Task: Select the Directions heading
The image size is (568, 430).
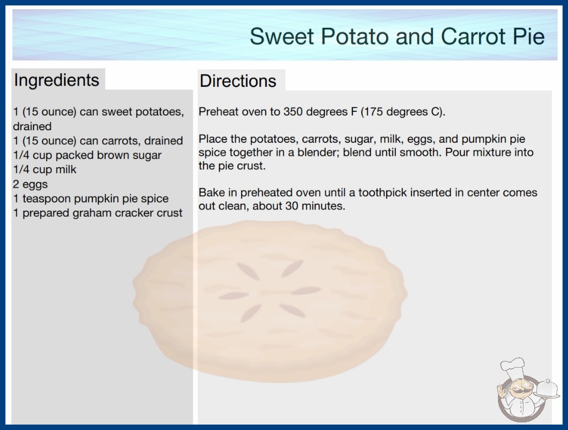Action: [238, 81]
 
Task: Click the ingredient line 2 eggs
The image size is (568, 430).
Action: [30, 184]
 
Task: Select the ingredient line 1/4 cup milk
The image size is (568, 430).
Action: [45, 169]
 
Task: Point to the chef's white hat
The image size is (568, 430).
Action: [513, 368]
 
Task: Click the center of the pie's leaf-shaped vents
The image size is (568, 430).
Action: [270, 291]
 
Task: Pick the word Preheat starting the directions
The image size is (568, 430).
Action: [218, 112]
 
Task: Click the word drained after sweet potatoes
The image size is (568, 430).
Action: [32, 127]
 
